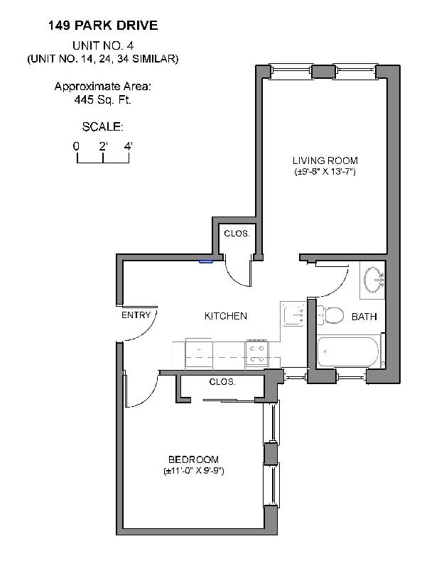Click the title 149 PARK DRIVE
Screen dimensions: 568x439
tap(103, 26)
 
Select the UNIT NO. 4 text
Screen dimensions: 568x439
tap(103, 45)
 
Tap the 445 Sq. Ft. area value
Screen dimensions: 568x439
tap(103, 100)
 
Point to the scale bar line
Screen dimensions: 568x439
tap(103, 163)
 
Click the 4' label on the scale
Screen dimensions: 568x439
tap(129, 146)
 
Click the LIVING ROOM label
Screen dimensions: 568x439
tap(325, 160)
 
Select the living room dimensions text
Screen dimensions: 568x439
tap(325, 173)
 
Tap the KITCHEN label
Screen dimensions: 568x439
tap(225, 316)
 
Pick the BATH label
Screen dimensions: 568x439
tap(364, 317)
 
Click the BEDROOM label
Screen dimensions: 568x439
tap(193, 459)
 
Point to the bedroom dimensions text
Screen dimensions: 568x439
tap(193, 471)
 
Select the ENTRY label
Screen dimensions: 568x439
tap(136, 315)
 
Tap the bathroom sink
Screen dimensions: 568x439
tap(373, 279)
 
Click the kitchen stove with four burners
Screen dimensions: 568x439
tap(256, 354)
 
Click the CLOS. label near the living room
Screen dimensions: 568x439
tap(237, 234)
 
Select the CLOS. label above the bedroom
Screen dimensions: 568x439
tap(222, 382)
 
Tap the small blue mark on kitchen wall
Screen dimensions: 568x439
tap(206, 261)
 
